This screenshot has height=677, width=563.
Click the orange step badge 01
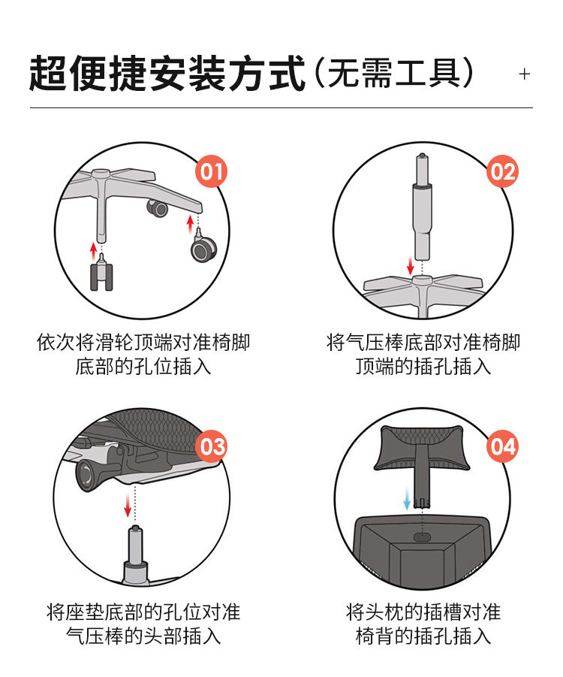pyautogui.click(x=212, y=171)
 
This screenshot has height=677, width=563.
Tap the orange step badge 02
pyautogui.click(x=503, y=171)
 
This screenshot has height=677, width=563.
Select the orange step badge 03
pyautogui.click(x=212, y=446)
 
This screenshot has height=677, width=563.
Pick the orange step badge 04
pyautogui.click(x=503, y=446)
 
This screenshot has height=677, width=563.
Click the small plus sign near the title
pyautogui.click(x=524, y=74)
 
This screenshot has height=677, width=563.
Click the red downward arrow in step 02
pyautogui.click(x=411, y=265)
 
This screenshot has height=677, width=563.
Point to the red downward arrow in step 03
pyautogui.click(x=128, y=505)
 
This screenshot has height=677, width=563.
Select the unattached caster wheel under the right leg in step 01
pyautogui.click(x=203, y=246)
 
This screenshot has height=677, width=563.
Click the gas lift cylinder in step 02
pyautogui.click(x=422, y=207)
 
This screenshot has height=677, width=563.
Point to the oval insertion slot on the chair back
pyautogui.click(x=422, y=537)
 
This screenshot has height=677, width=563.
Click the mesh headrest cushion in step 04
pyautogui.click(x=421, y=447)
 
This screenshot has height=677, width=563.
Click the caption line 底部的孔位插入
pyautogui.click(x=143, y=367)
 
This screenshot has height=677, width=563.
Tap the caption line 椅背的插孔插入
pyautogui.click(x=423, y=636)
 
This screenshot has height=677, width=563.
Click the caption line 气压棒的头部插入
pyautogui.click(x=143, y=636)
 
